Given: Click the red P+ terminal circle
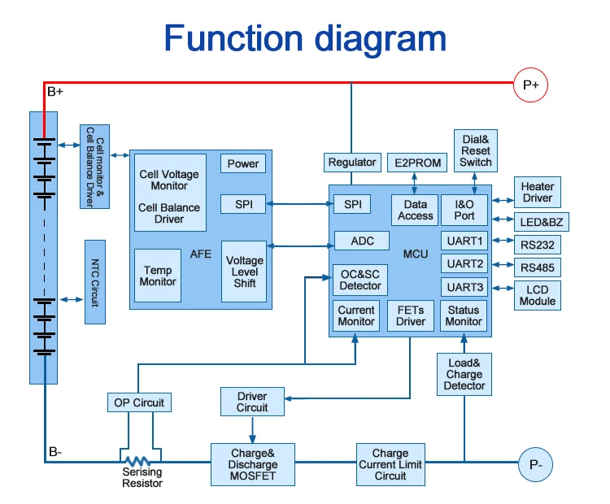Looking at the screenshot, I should click(531, 85).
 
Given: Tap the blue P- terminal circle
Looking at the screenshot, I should click(536, 464).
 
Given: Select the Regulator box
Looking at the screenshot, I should click(352, 163).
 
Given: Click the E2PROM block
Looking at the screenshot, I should click(418, 163).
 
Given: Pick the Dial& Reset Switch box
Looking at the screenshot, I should click(476, 150).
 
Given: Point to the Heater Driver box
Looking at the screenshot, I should click(537, 193).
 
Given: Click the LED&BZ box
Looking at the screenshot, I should click(537, 221).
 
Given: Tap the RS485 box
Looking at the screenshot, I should click(537, 267).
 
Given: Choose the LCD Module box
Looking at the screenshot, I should click(537, 295).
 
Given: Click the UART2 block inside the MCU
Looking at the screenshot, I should click(464, 263).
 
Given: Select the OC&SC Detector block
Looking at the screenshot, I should click(359, 280).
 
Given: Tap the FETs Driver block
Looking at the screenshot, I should click(411, 315).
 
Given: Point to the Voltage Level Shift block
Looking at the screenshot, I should click(244, 272).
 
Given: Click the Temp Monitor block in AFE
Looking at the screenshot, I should click(158, 276).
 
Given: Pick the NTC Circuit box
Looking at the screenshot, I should click(95, 281).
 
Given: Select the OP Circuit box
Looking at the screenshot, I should click(139, 402).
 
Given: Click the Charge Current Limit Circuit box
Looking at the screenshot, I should click(390, 464).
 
